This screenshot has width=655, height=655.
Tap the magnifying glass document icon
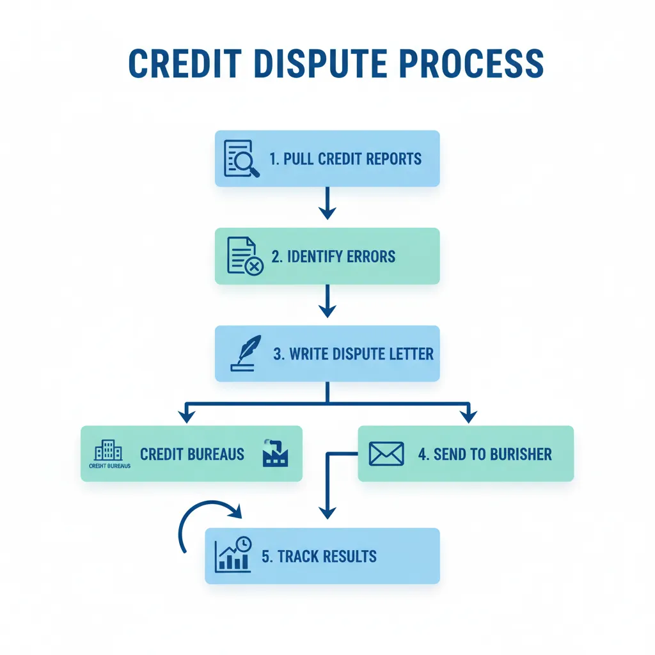(241, 159)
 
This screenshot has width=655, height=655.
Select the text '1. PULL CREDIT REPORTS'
(345, 159)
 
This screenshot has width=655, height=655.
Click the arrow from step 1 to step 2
(327, 203)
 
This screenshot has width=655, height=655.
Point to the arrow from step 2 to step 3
(327, 301)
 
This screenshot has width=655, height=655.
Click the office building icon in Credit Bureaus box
(109, 451)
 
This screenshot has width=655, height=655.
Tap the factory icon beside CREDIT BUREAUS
(276, 453)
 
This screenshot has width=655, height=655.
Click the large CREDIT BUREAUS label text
(192, 455)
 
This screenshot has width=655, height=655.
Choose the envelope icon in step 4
(386, 454)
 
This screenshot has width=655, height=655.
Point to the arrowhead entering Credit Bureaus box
(186, 416)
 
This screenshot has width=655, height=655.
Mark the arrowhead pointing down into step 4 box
(469, 416)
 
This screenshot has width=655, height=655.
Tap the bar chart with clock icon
(233, 555)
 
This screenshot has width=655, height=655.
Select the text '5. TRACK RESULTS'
(319, 556)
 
